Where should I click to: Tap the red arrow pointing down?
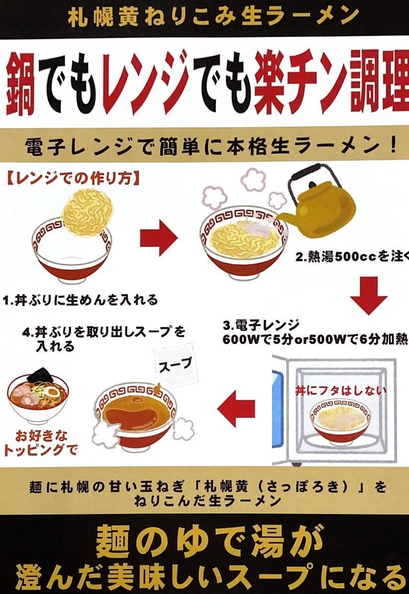[x=368, y=298]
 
